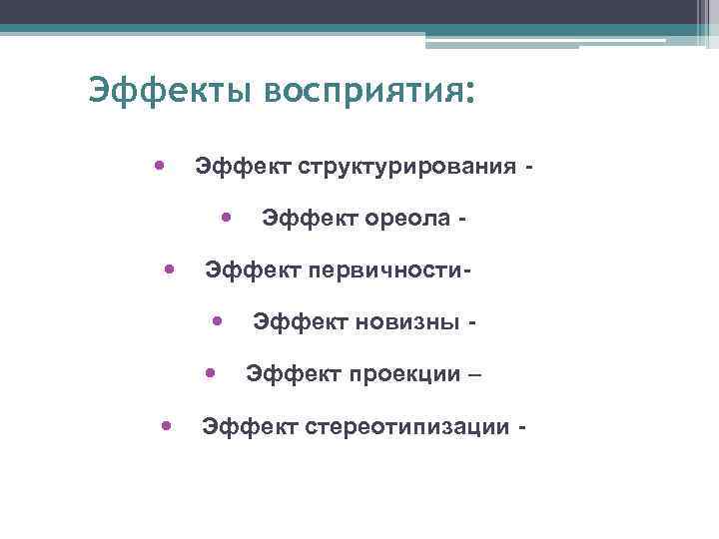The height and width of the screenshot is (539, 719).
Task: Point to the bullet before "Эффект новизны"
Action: pos(217,320)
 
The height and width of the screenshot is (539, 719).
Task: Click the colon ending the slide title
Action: pos(468,92)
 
